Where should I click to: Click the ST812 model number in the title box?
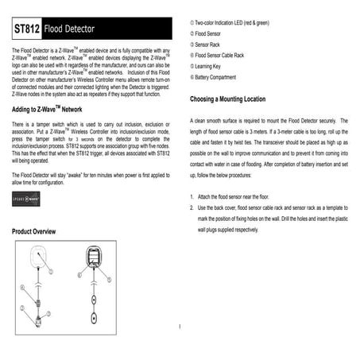click(x=28, y=29)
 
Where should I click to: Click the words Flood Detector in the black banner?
click(x=70, y=29)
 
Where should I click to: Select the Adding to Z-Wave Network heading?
click(x=48, y=108)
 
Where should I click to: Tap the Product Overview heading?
click(x=34, y=230)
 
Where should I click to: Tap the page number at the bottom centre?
click(x=181, y=325)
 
